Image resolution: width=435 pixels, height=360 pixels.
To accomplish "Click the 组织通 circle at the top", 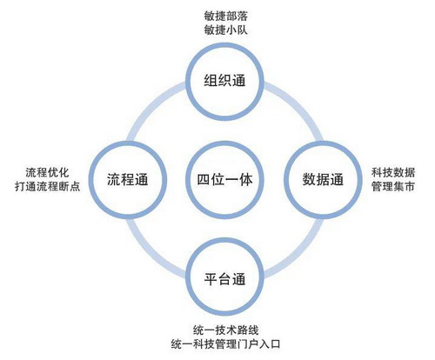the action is click(x=224, y=44).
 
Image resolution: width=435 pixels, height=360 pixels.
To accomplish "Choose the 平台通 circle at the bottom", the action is click(x=224, y=239).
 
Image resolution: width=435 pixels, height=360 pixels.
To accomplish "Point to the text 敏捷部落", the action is click(x=225, y=17).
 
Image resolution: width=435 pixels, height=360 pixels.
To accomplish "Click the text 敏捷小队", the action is click(x=225, y=30).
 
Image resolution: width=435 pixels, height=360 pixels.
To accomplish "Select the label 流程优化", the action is click(x=47, y=172).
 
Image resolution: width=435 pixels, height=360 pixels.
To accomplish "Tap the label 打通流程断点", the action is click(x=47, y=186).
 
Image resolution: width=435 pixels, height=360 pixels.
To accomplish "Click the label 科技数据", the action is click(x=393, y=172).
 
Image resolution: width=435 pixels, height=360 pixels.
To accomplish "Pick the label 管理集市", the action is click(x=393, y=186).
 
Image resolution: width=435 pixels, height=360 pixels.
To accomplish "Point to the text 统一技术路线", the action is click(x=225, y=330).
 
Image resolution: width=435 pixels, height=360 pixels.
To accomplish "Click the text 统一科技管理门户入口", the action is click(x=225, y=344).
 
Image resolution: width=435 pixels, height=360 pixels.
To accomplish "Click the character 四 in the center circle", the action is click(x=204, y=180).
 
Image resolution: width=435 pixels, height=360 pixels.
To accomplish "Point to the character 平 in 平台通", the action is click(x=211, y=279).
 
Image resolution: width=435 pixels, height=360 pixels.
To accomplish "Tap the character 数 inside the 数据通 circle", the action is click(x=309, y=180).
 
